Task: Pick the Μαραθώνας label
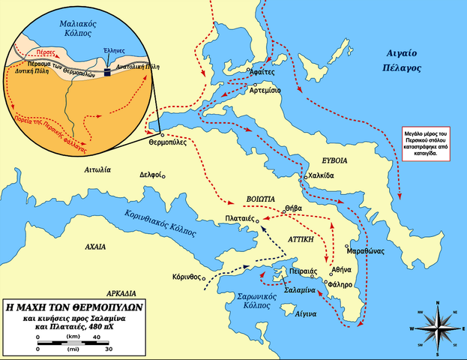[367, 250]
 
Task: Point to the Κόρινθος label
[187, 275]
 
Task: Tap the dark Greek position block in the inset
[107, 69]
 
